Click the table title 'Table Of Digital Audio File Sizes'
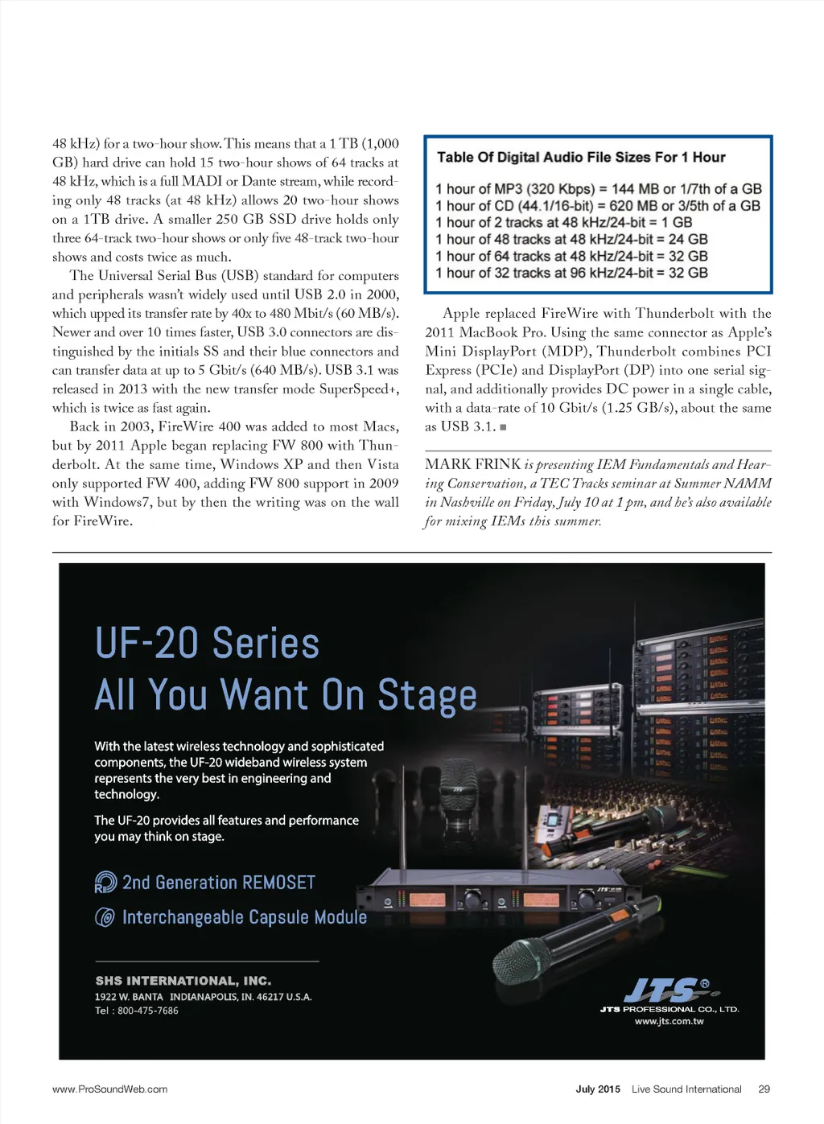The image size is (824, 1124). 581,157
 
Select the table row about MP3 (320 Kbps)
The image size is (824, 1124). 598,189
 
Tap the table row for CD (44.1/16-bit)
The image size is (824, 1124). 597,206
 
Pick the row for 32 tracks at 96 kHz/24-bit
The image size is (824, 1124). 571,273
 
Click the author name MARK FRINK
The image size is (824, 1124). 473,464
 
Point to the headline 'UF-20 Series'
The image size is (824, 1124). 207,644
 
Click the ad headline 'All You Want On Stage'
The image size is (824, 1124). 286,695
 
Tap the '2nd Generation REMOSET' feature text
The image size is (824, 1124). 218,883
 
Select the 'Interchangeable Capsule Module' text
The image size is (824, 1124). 244,917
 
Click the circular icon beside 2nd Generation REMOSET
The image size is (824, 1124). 105,883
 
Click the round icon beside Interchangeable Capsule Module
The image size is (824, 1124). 105,917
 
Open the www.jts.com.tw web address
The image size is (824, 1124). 669,1021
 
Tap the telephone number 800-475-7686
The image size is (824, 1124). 147,1011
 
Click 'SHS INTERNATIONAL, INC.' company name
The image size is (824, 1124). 183,981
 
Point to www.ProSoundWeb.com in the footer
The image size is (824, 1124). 110,1089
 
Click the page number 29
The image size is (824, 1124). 764,1089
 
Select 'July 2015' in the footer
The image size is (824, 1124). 598,1089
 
